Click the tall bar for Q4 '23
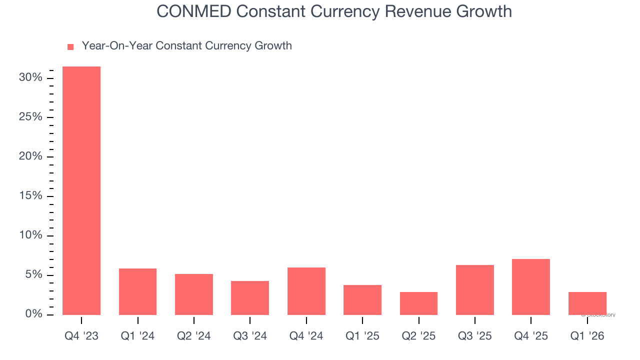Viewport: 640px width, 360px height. tap(81, 190)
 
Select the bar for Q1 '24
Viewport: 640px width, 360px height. tap(137, 291)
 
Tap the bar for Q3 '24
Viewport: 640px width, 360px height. tap(250, 298)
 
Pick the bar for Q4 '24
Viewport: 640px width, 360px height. tap(306, 291)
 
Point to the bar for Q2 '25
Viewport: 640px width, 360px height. tap(418, 303)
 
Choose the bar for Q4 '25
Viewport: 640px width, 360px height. tap(531, 287)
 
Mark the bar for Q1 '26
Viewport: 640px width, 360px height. tap(587, 303)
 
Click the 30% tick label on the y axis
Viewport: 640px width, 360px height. tap(30, 78)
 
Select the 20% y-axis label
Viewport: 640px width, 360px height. tap(30, 156)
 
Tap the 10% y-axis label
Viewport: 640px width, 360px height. tap(30, 235)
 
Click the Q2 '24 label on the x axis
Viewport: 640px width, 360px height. tap(194, 336)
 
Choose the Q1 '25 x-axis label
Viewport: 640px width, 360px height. tap(362, 336)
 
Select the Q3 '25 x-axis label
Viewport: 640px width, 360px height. tap(475, 336)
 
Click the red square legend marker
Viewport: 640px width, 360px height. tap(70, 46)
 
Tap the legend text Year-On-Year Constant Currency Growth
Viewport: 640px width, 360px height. tap(186, 46)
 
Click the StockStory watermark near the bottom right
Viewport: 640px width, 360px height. tap(598, 315)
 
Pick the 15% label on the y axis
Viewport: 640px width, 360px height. tap(30, 196)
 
